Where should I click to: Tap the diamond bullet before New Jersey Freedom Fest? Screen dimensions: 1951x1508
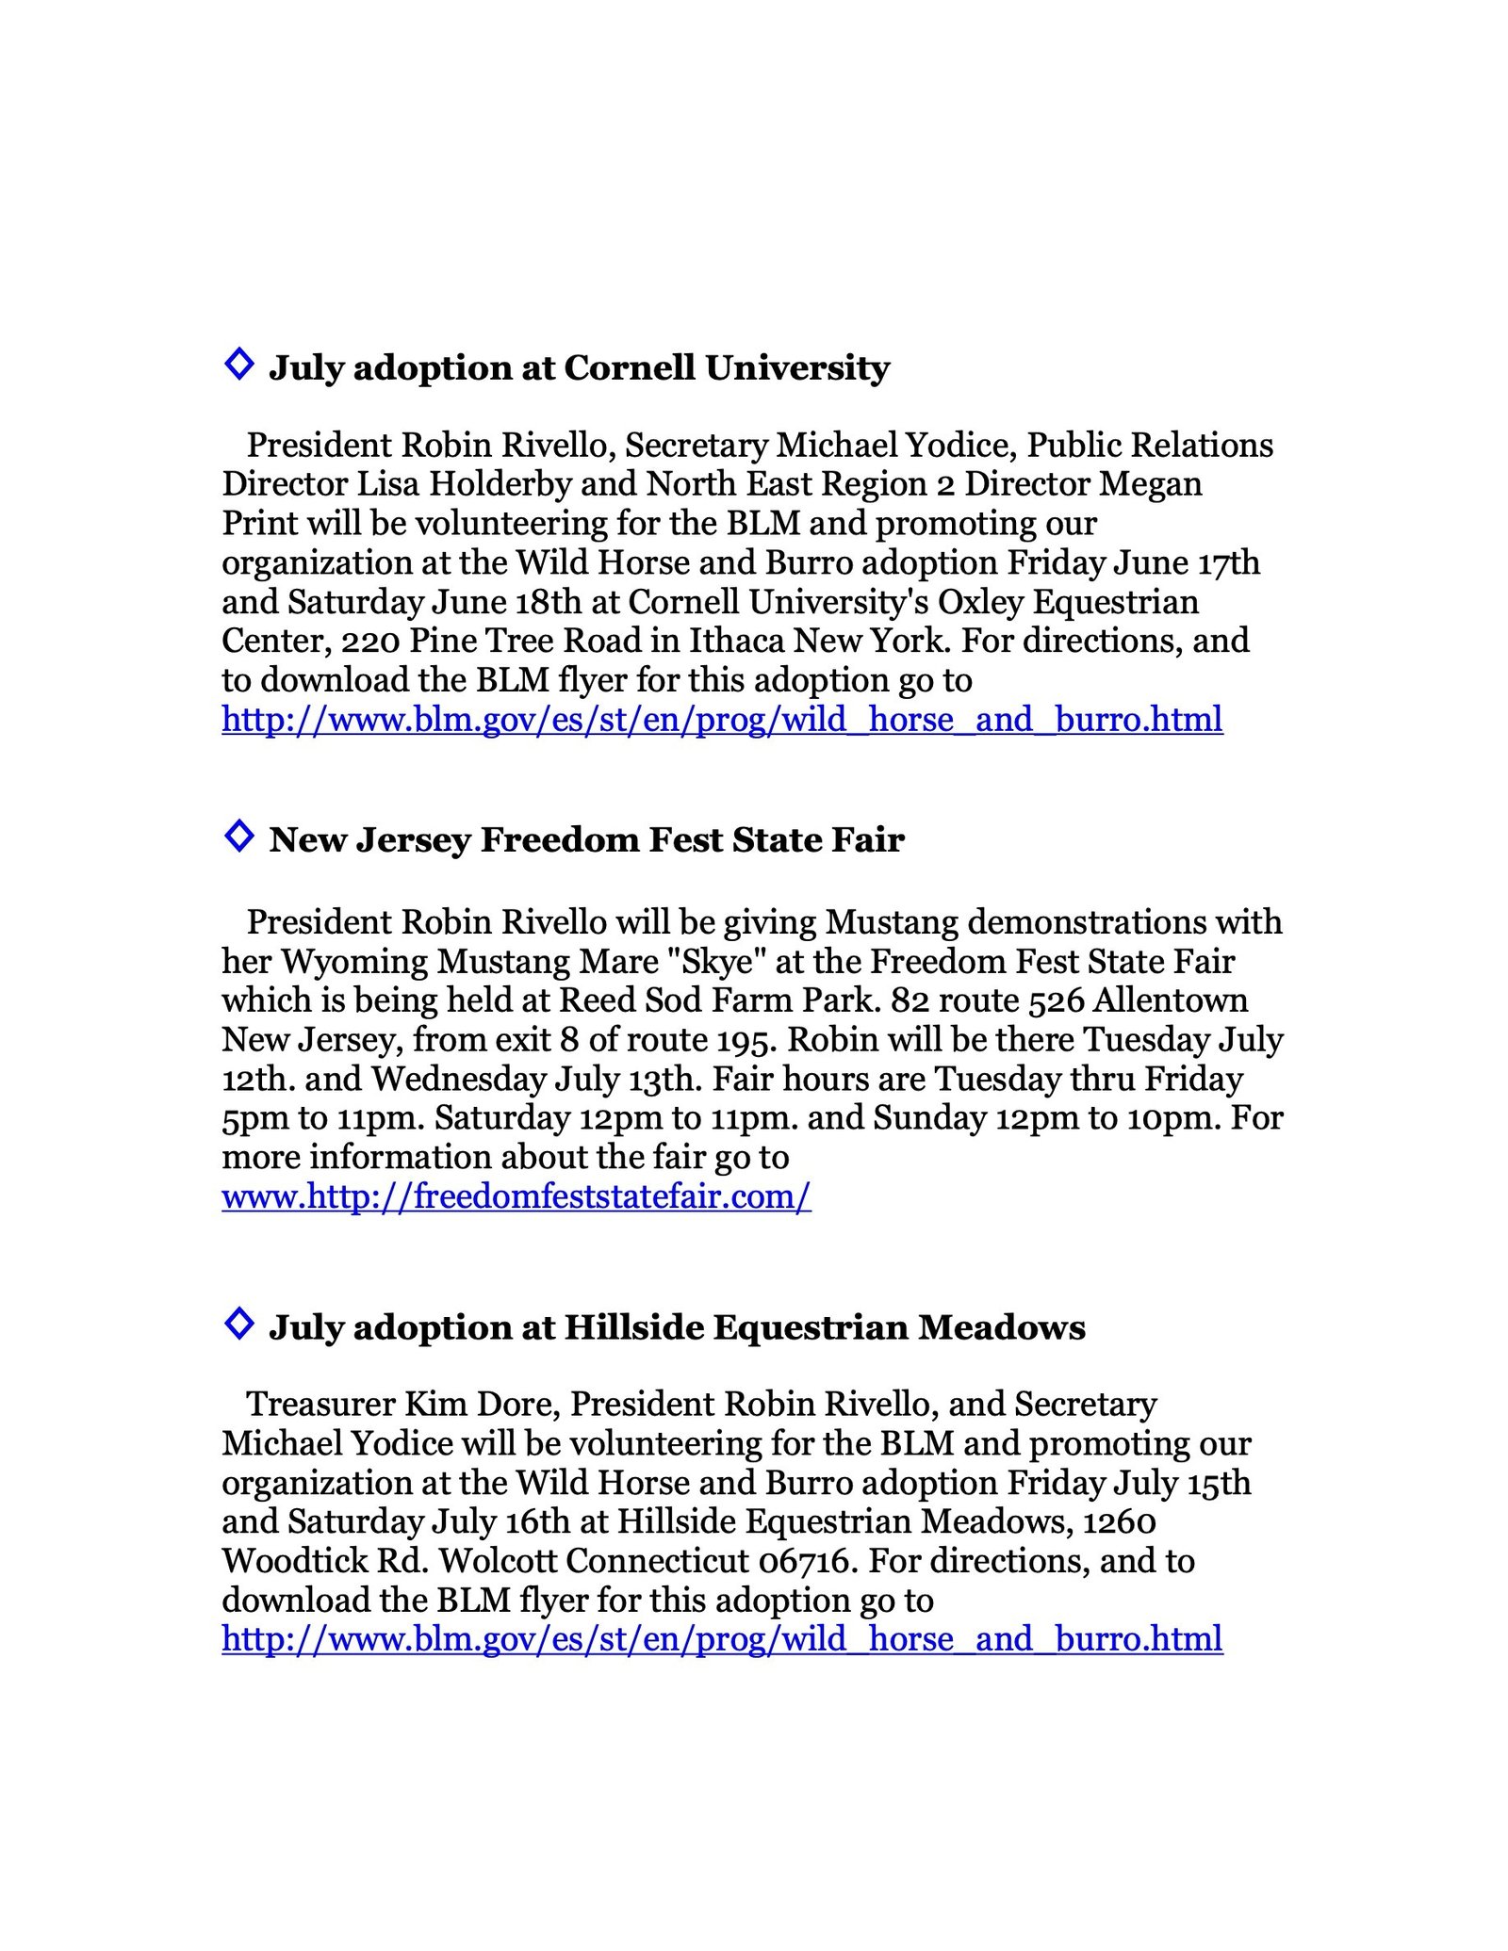[x=239, y=836]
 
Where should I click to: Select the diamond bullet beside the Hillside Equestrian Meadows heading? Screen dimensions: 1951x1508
[x=239, y=1323]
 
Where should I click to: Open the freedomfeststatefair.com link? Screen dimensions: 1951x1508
[x=516, y=1196]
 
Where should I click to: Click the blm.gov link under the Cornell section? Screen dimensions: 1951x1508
[x=722, y=720]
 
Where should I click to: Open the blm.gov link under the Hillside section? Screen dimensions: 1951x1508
[x=722, y=1639]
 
